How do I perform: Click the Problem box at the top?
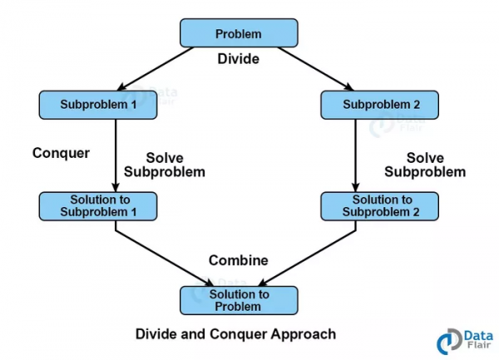pyautogui.click(x=238, y=34)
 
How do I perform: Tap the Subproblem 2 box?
pyautogui.click(x=379, y=105)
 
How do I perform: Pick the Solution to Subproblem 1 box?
pyautogui.click(x=98, y=205)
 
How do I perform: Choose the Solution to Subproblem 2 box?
pyautogui.click(x=380, y=205)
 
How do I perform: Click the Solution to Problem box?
pyautogui.click(x=239, y=300)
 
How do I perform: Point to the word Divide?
pyautogui.click(x=239, y=59)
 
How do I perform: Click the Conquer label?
pyautogui.click(x=61, y=153)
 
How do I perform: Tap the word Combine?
pyautogui.click(x=239, y=260)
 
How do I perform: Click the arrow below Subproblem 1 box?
pyautogui.click(x=115, y=155)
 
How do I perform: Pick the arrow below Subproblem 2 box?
pyautogui.click(x=355, y=155)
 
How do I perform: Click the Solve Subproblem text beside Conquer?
pyautogui.click(x=164, y=165)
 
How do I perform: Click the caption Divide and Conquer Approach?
pyautogui.click(x=235, y=333)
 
